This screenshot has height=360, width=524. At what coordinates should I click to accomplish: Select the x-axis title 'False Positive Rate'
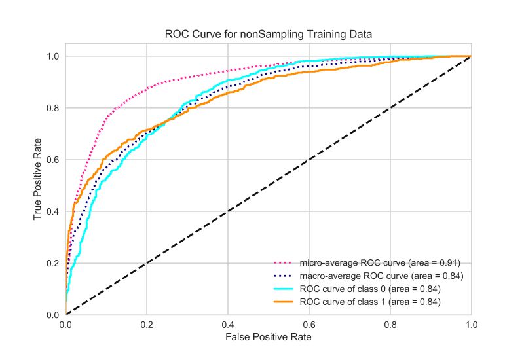pyautogui.click(x=269, y=338)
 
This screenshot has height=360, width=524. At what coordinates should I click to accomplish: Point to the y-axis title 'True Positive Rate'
pyautogui.click(x=39, y=185)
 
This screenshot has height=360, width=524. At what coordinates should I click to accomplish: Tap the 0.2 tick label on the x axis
pyautogui.click(x=147, y=325)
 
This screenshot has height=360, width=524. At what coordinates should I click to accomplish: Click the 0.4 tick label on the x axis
pyautogui.click(x=228, y=325)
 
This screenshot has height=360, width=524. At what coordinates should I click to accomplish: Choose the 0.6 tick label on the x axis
pyautogui.click(x=309, y=325)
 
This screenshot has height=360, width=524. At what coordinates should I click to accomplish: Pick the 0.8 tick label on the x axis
pyautogui.click(x=390, y=325)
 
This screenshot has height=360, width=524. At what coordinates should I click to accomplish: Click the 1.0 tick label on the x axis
pyautogui.click(x=471, y=325)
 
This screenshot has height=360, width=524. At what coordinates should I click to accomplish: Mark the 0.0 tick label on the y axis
pyautogui.click(x=54, y=315)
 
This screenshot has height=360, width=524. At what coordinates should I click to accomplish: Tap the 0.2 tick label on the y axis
pyautogui.click(x=54, y=263)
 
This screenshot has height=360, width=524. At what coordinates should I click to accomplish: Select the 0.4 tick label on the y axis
pyautogui.click(x=54, y=211)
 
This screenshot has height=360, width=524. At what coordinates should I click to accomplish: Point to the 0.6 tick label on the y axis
pyautogui.click(x=54, y=160)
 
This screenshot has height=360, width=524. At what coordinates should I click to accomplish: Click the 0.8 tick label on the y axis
pyautogui.click(x=54, y=108)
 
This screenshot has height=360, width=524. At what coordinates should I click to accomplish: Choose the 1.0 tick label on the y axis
pyautogui.click(x=54, y=56)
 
